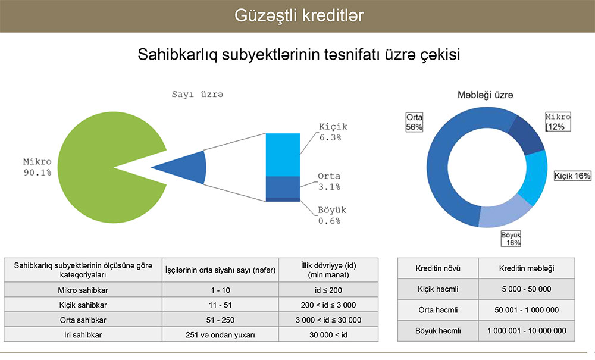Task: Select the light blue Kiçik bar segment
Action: (x=283, y=155)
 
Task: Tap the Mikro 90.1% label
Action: (x=37, y=167)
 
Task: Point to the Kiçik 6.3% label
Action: (x=333, y=132)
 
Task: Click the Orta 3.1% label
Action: (x=329, y=181)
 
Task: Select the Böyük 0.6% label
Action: (x=331, y=215)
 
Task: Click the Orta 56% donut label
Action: (x=414, y=122)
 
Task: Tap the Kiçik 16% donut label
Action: (x=572, y=176)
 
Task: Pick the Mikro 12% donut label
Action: (x=558, y=122)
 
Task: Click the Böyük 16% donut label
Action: (x=511, y=239)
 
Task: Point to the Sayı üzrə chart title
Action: (x=198, y=94)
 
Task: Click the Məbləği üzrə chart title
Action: (x=485, y=95)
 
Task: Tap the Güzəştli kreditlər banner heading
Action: (x=299, y=15)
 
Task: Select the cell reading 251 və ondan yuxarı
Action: (x=220, y=335)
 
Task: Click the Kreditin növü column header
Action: (x=438, y=268)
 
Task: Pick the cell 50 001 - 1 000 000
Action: (x=527, y=310)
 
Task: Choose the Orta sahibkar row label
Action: (x=83, y=320)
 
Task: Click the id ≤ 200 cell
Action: (x=328, y=290)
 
